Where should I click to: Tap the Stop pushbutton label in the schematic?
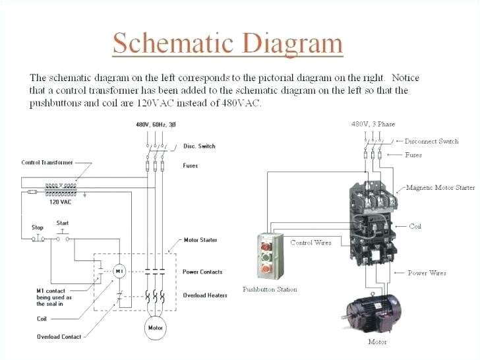[38, 227]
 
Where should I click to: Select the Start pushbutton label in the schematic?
[63, 223]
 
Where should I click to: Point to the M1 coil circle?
[119, 271]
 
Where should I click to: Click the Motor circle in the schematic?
[156, 327]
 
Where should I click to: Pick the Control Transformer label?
[47, 162]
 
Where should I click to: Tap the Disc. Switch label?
[199, 146]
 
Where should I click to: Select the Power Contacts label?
[202, 272]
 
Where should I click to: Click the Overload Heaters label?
[204, 295]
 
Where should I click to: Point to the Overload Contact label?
[59, 337]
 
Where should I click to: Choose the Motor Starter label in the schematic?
[200, 240]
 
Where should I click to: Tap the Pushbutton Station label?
[270, 289]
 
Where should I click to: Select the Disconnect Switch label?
[431, 141]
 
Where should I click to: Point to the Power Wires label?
[427, 272]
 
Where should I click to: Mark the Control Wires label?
[311, 243]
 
